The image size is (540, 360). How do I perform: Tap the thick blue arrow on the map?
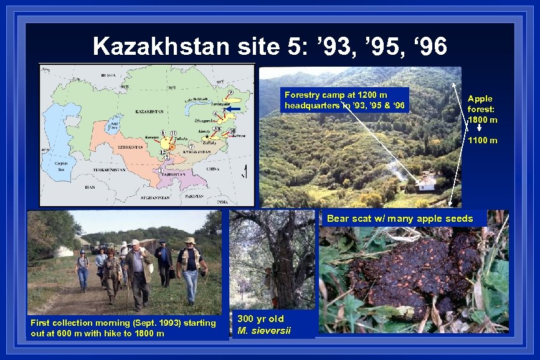coord(234,108)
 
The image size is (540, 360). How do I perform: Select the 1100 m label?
coord(482,141)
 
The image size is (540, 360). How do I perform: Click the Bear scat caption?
coord(399,219)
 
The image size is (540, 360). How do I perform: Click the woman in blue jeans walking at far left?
coord(82,269)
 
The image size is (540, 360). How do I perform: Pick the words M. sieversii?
coord(264,330)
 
